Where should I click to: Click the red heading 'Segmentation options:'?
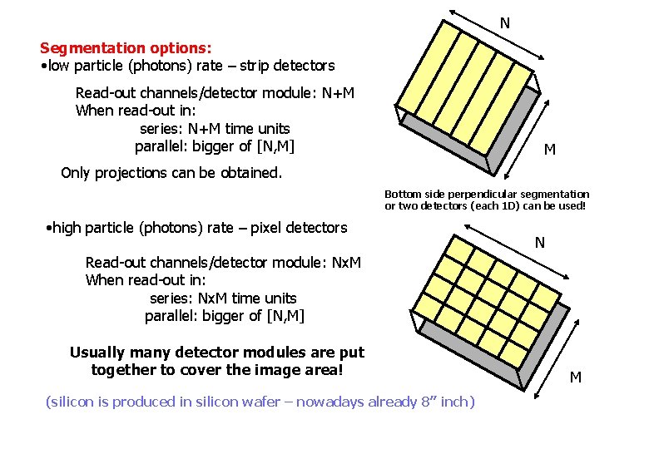click(x=126, y=48)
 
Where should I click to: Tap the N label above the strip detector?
click(x=504, y=23)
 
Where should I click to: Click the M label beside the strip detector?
click(x=550, y=150)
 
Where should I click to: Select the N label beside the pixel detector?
click(x=540, y=243)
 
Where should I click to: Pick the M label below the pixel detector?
click(x=575, y=377)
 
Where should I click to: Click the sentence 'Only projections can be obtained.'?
click(x=171, y=173)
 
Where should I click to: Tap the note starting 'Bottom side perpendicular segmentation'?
click(x=486, y=194)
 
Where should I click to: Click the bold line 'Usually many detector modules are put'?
click(x=217, y=353)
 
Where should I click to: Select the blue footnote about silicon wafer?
click(x=260, y=402)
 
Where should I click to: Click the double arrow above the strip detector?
click(x=497, y=34)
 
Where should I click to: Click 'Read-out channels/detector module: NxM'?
click(x=223, y=263)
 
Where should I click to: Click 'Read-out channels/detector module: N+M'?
click(x=215, y=92)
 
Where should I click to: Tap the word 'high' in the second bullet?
click(x=68, y=227)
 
